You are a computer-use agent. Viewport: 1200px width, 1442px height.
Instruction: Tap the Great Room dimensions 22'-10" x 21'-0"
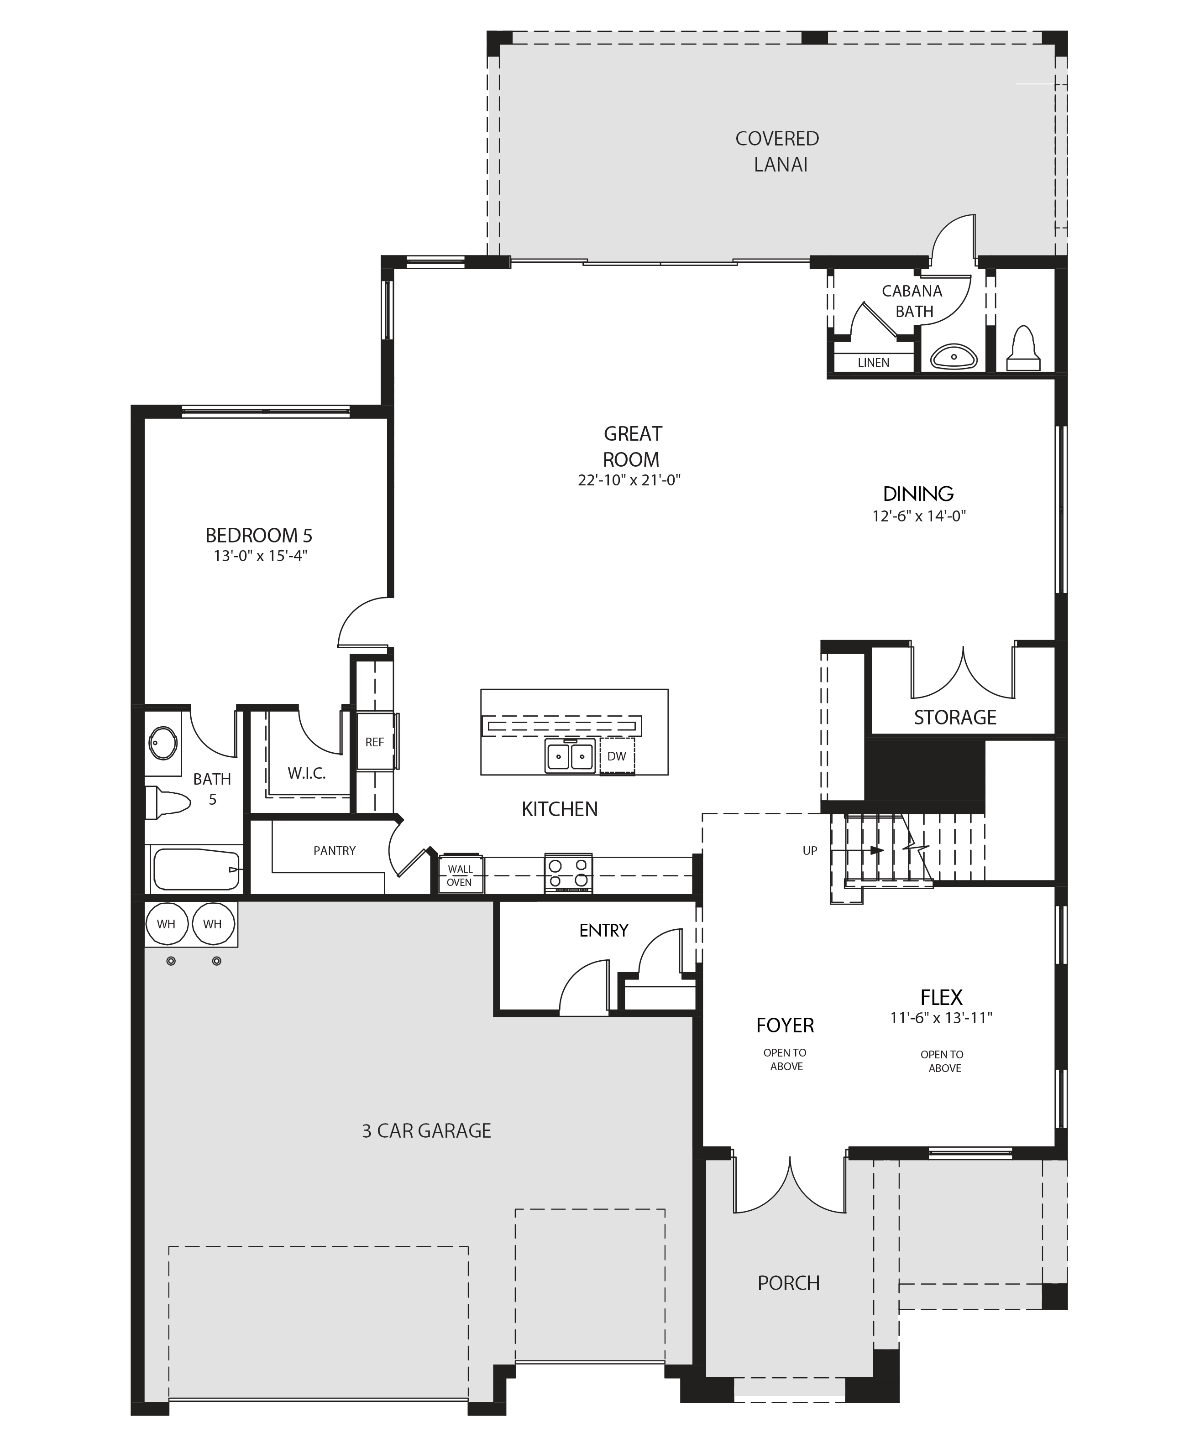629,480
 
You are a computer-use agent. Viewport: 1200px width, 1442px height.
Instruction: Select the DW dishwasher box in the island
617,756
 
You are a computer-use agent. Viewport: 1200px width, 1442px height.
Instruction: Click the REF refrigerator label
374,742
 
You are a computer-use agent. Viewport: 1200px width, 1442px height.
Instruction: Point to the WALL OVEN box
460,875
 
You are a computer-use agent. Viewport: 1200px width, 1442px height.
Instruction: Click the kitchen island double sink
570,756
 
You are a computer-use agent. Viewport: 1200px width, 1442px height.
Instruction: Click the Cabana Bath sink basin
954,357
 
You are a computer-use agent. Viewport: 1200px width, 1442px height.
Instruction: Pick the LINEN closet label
873,363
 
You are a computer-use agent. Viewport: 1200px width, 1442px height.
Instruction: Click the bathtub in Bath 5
196,870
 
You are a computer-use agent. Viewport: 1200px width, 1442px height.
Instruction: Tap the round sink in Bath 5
163,743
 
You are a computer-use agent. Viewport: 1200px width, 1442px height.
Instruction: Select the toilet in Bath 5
168,803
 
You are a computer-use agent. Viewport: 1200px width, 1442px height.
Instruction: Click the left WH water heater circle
166,924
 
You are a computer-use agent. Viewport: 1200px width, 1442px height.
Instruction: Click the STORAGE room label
955,718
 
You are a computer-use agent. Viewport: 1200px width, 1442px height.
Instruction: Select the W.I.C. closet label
306,773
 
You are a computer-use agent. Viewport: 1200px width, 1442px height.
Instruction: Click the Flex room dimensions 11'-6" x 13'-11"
941,1018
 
